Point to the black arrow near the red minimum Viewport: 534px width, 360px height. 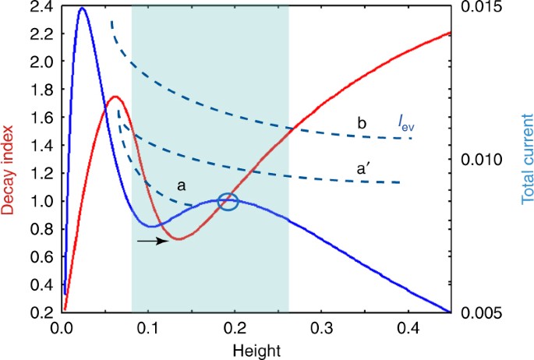(153, 242)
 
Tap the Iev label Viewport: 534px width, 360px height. (398, 122)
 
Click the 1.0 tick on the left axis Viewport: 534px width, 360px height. (41, 201)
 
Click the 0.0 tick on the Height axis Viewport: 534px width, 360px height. (62, 328)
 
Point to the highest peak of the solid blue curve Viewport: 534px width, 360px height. (82, 9)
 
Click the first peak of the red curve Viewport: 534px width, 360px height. (115, 97)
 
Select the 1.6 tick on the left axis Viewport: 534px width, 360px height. (41, 118)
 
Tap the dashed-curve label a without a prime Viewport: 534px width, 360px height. (180, 186)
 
